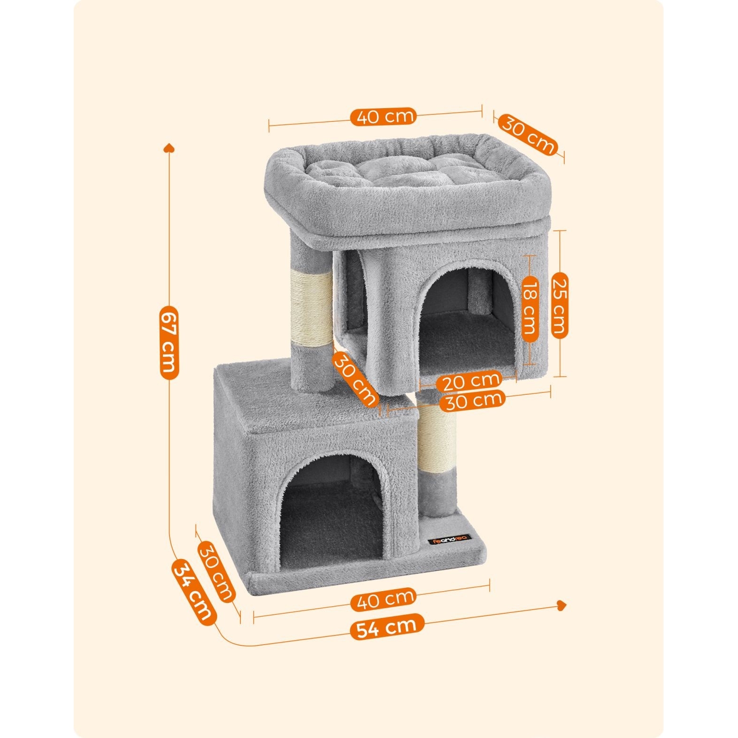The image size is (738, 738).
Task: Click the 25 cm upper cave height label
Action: pos(559,305)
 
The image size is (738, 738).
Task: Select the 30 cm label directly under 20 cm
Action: pos(472,401)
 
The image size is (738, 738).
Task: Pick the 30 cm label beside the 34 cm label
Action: pos(216,572)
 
